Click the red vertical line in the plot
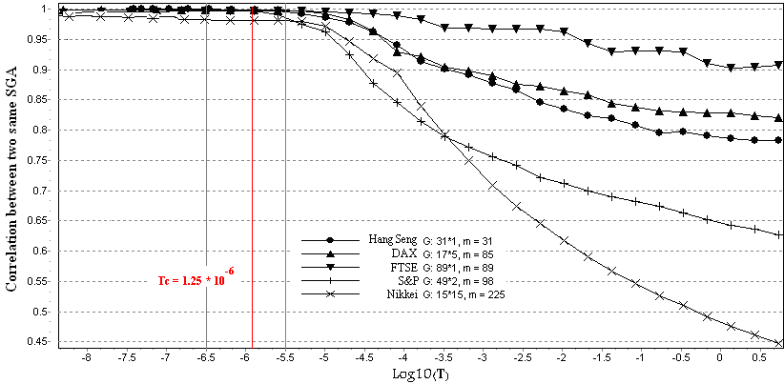[x=252, y=191]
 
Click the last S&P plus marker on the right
[x=778, y=234]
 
